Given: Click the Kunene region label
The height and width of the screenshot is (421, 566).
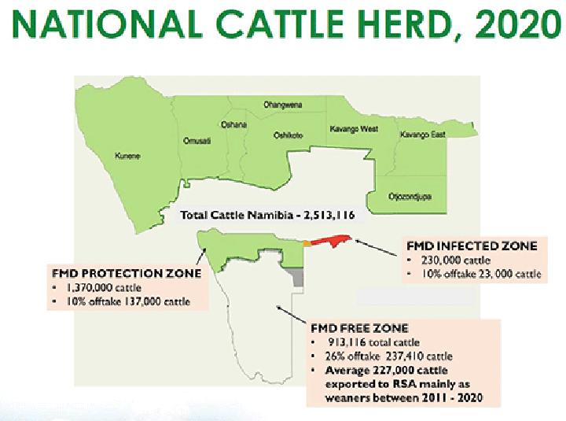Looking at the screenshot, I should coord(127,156).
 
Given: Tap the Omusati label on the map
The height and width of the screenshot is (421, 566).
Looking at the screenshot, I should coord(196,141).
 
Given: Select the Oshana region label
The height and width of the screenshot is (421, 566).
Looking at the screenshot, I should coord(234,124).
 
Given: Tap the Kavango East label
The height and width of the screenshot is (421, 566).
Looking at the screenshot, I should coord(423,135).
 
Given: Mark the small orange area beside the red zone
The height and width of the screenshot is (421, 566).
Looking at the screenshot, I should coord(307,243).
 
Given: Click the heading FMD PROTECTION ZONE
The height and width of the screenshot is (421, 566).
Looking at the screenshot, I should coord(126,274).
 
